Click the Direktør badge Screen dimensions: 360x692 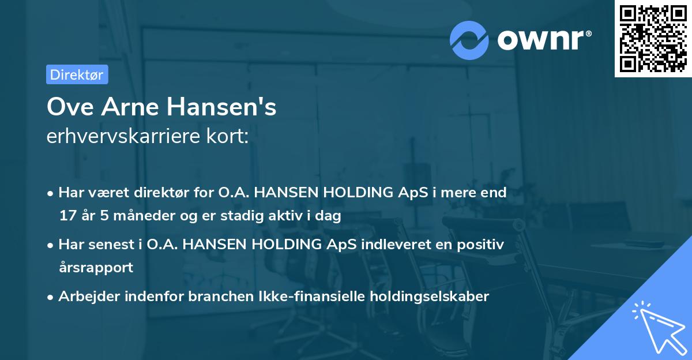pyautogui.click(x=77, y=74)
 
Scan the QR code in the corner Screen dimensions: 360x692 pyautogui.click(x=653, y=38)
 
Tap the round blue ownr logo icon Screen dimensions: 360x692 pyautogui.click(x=469, y=40)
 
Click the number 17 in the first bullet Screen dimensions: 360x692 pyautogui.click(x=67, y=216)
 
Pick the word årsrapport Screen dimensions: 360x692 pyautogui.click(x=96, y=268)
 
